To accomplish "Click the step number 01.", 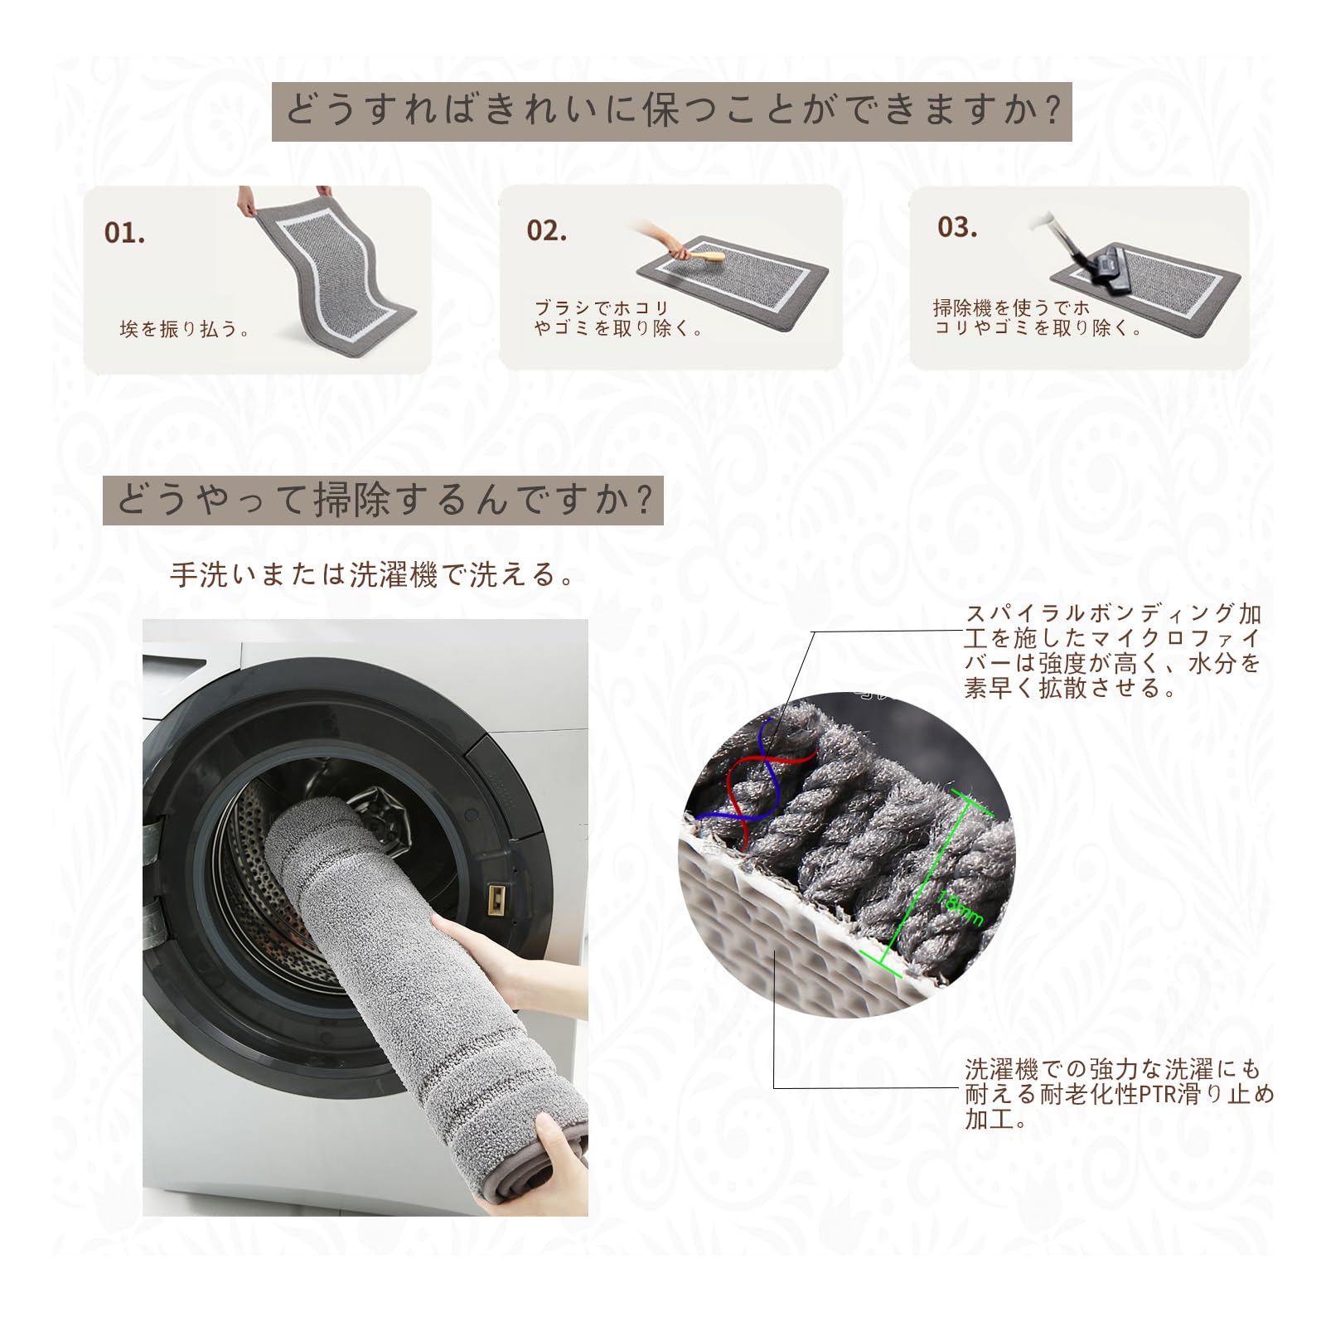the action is (125, 234).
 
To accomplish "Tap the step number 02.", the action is (546, 231).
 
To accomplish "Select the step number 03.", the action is (957, 227).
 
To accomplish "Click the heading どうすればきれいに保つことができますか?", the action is (672, 111).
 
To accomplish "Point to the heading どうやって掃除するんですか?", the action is (383, 500).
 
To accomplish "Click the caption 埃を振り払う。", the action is (185, 330).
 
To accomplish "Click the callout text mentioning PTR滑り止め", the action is (1119, 1094).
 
